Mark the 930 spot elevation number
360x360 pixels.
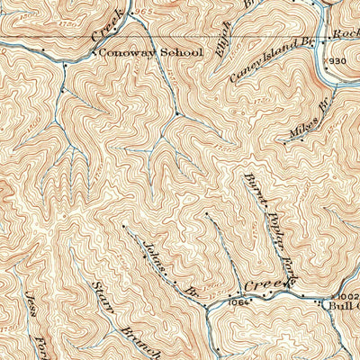334,60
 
